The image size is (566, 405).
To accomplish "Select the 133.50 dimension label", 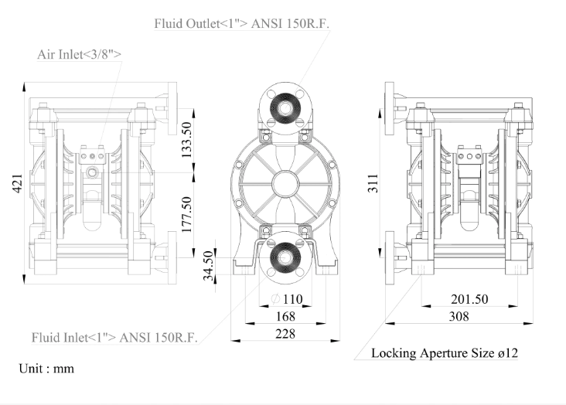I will (x=186, y=139).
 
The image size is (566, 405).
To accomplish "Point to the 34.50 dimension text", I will (x=208, y=267).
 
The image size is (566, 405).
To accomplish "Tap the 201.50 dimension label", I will (x=469, y=299).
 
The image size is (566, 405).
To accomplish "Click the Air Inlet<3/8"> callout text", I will (x=80, y=54).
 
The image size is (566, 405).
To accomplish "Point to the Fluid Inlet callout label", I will (x=114, y=338).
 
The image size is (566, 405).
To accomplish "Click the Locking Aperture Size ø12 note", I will (x=445, y=353).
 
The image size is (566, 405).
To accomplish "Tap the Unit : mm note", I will (x=46, y=369).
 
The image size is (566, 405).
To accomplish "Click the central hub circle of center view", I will (x=288, y=182).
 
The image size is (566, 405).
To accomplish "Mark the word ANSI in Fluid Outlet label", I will (x=290, y=23).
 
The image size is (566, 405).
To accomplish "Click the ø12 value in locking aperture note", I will (x=507, y=353).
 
